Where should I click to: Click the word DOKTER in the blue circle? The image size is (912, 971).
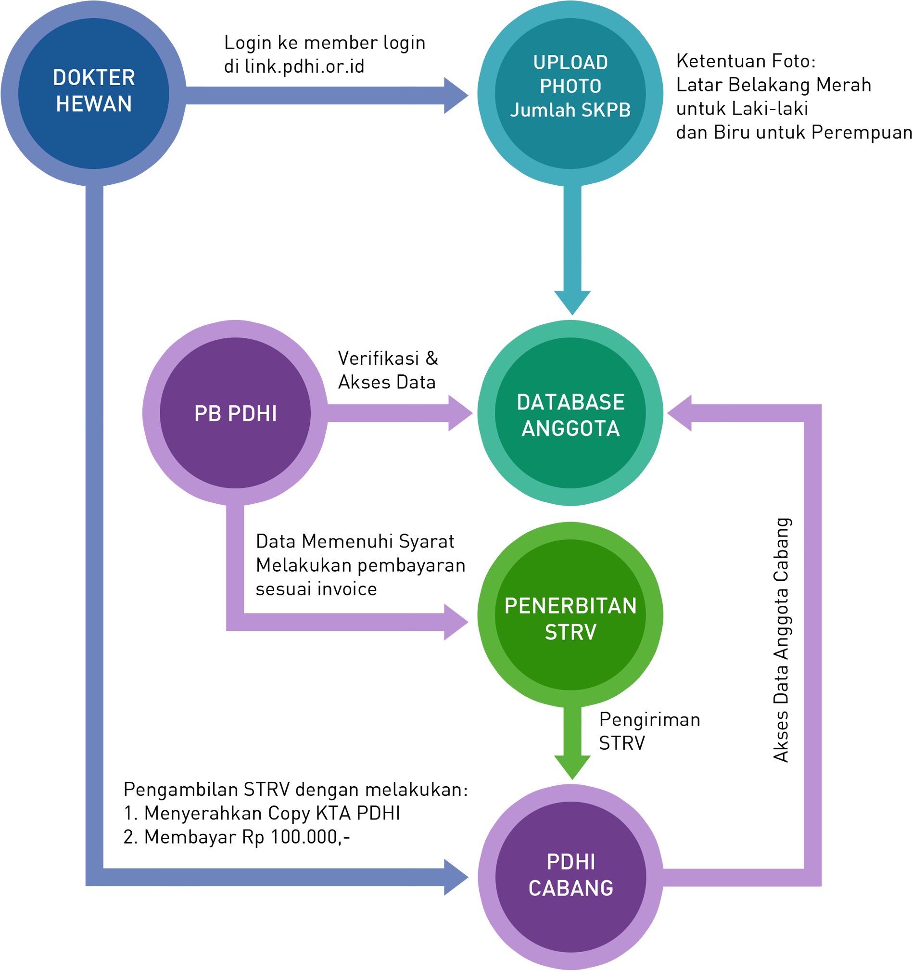pyautogui.click(x=94, y=77)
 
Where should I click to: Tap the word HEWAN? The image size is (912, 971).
pyautogui.click(x=94, y=104)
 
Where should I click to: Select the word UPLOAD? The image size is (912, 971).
pyautogui.click(x=570, y=63)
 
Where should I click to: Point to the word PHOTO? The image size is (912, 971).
pyautogui.click(x=570, y=87)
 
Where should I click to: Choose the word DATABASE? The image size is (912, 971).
pyautogui.click(x=570, y=402)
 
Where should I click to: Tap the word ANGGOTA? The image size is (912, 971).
pyautogui.click(x=570, y=429)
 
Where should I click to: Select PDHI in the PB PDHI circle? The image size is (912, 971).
pyautogui.click(x=253, y=414)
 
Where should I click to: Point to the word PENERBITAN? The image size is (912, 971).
pyautogui.click(x=570, y=606)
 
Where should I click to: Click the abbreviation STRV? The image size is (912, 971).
pyautogui.click(x=570, y=633)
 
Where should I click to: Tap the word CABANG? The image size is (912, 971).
pyautogui.click(x=570, y=888)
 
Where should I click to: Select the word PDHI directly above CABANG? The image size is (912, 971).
pyautogui.click(x=570, y=862)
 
